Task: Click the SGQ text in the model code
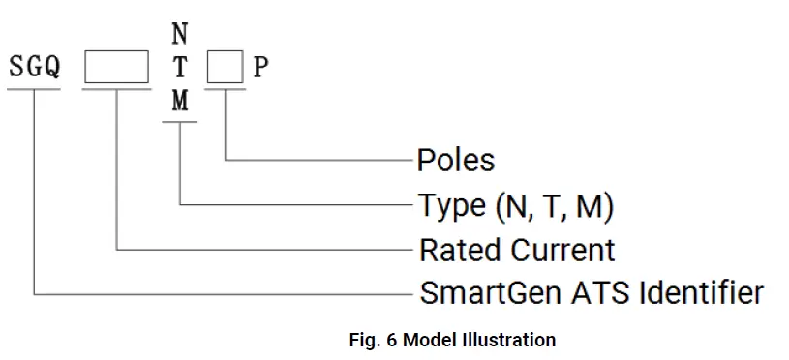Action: (x=34, y=67)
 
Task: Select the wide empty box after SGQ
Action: (x=116, y=67)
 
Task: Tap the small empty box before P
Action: (x=227, y=67)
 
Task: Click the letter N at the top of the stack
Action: (x=180, y=35)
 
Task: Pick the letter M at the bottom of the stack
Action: (x=180, y=101)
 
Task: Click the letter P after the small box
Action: (x=261, y=67)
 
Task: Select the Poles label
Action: (x=455, y=160)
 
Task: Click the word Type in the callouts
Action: (x=451, y=206)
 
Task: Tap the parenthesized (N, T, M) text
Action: (x=554, y=205)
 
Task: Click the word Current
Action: (x=562, y=250)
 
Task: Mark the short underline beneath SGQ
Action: (x=34, y=88)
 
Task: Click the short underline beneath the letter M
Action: (x=180, y=122)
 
